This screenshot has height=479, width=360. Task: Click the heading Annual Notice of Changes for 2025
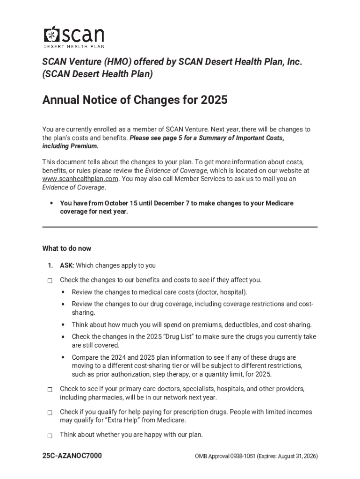(135, 101)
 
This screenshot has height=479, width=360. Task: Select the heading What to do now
(66, 248)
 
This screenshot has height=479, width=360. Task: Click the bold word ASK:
(67, 266)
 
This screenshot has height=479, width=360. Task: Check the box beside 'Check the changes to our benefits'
(50, 281)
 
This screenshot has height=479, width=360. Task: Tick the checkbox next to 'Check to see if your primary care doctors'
(50, 390)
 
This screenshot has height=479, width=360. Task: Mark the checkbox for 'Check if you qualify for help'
(50, 413)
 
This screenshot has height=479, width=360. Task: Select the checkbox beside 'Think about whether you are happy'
(50, 435)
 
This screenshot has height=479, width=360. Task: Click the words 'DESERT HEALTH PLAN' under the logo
(74, 47)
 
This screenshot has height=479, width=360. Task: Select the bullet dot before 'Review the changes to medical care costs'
(63, 292)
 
